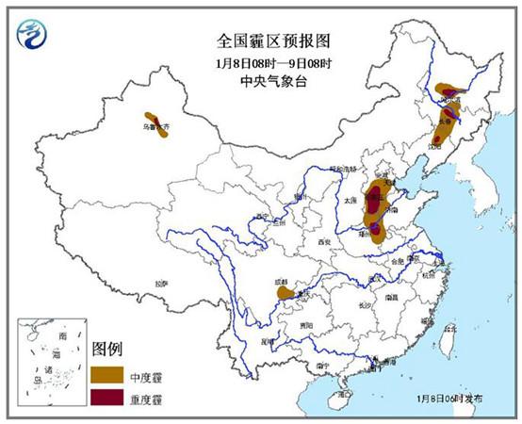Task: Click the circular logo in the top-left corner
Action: [x=34, y=36]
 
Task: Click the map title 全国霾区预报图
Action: [x=260, y=41]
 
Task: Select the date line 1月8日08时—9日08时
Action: [x=260, y=63]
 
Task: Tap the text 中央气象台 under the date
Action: [x=260, y=82]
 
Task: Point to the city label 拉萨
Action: [x=164, y=283]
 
